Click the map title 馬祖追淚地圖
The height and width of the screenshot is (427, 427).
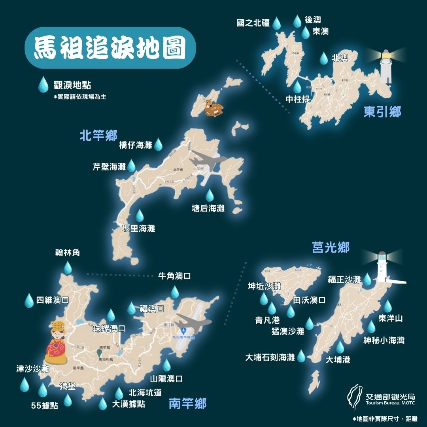pyautogui.click(x=110, y=48)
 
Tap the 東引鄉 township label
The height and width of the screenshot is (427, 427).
pyautogui.click(x=382, y=112)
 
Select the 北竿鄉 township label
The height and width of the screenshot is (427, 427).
pyautogui.click(x=98, y=136)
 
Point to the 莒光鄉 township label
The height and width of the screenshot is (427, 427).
pyautogui.click(x=331, y=248)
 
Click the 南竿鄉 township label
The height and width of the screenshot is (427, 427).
pyautogui.click(x=187, y=404)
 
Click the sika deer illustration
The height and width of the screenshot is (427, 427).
pyautogui.click(x=213, y=108)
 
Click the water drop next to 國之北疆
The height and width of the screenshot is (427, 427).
pyautogui.click(x=277, y=23)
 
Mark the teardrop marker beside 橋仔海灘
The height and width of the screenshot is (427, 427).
pyautogui.click(x=158, y=144)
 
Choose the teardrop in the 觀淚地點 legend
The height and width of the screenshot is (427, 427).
pyautogui.click(x=42, y=84)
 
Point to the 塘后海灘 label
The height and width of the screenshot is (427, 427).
pyautogui.click(x=208, y=208)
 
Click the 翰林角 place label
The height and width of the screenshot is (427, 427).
pyautogui.click(x=68, y=253)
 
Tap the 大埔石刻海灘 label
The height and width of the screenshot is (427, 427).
pyautogui.click(x=270, y=357)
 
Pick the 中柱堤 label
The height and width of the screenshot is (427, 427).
pyautogui.click(x=298, y=99)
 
